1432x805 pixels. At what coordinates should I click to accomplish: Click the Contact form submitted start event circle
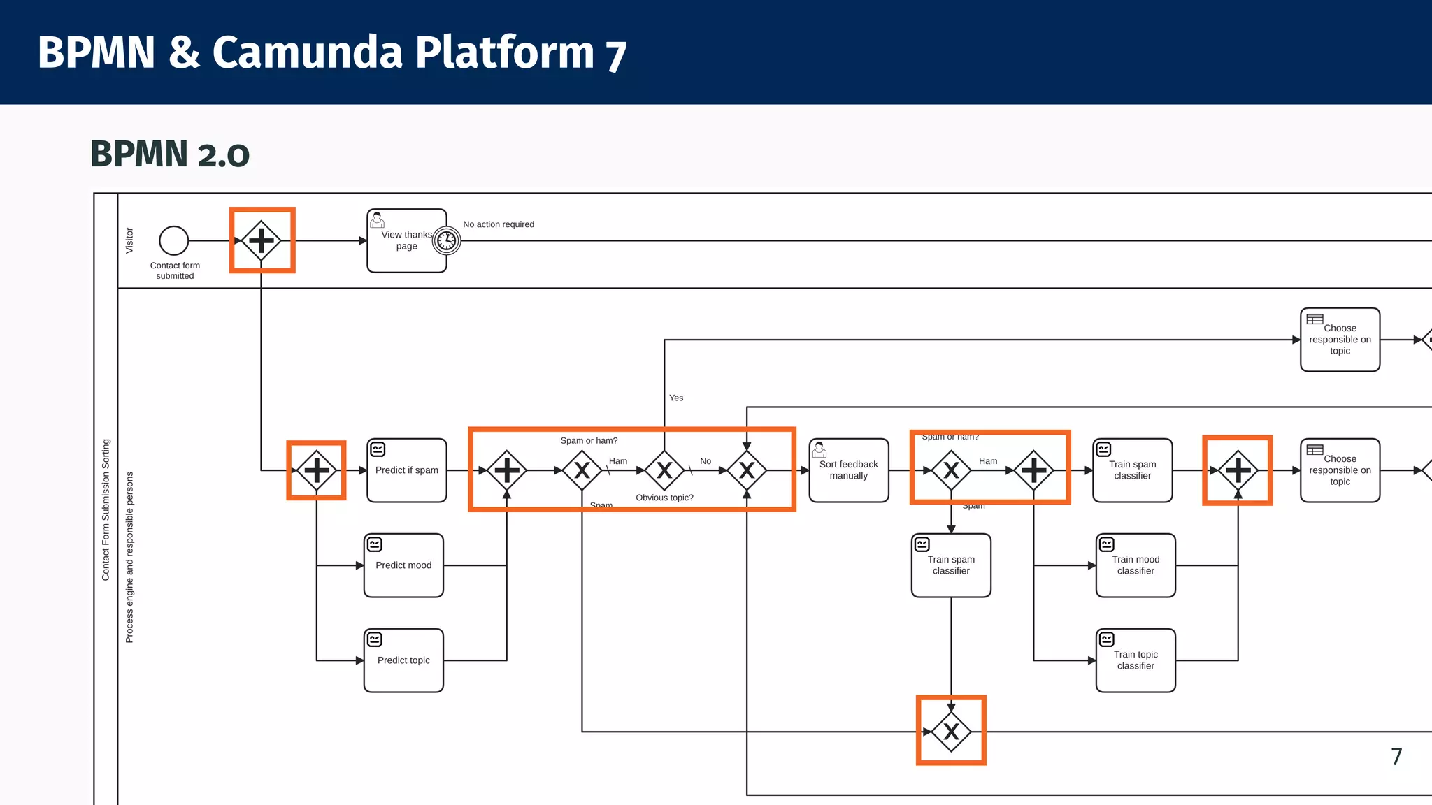(x=174, y=240)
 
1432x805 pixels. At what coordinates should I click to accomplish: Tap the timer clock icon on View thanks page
(x=446, y=241)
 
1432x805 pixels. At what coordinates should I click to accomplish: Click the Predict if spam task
(x=407, y=470)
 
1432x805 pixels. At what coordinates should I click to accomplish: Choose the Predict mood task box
(x=403, y=565)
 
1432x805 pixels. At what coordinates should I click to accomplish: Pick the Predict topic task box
(x=403, y=660)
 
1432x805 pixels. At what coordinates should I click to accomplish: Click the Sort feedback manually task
(x=848, y=470)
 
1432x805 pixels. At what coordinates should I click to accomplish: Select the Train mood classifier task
(x=1136, y=565)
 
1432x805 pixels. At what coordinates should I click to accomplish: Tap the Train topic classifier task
(x=1136, y=660)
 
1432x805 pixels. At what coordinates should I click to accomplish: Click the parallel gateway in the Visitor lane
(x=262, y=240)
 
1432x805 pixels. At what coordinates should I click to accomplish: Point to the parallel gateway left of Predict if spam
(x=317, y=470)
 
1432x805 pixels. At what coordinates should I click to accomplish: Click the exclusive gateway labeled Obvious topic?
(x=664, y=470)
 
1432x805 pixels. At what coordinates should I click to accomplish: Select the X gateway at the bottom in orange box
(x=951, y=732)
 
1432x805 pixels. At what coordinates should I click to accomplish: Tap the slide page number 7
(x=1396, y=757)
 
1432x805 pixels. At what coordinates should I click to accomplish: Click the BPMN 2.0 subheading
(x=170, y=154)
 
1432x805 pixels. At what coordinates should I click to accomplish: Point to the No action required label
(x=499, y=224)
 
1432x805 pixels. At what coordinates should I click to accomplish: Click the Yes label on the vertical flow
(x=676, y=398)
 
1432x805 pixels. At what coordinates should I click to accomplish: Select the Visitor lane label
(x=129, y=240)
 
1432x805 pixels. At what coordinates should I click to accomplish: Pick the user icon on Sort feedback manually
(x=819, y=449)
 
